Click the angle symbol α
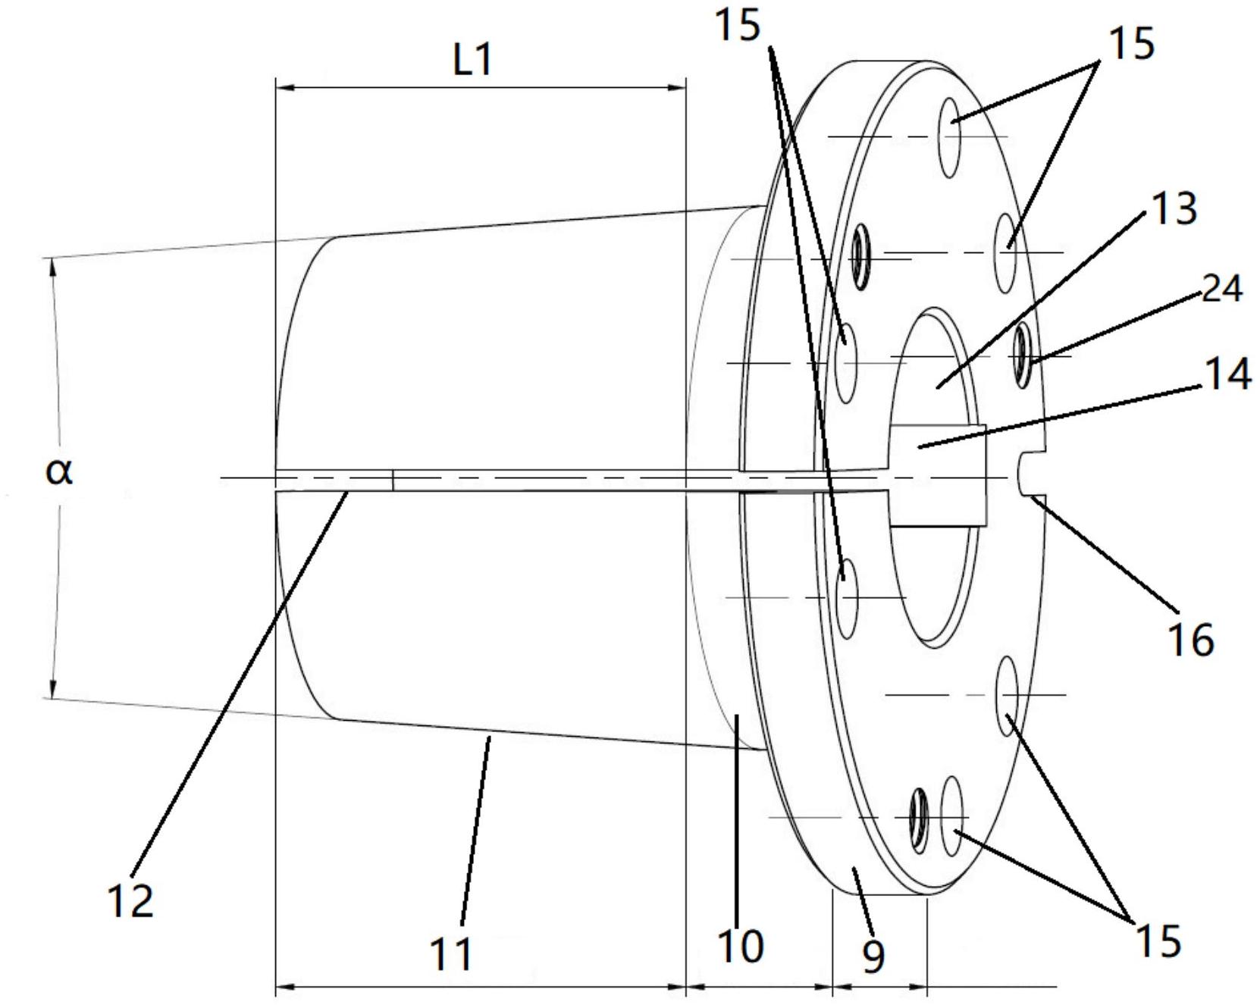point(59,472)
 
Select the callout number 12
point(131,900)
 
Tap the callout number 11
point(451,953)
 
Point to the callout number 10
point(740,946)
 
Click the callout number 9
point(873,956)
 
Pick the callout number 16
point(1192,639)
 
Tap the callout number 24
point(1222,289)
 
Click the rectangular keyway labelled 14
point(939,474)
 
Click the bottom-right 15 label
point(1158,941)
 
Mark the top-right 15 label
point(1132,43)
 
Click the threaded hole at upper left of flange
point(859,256)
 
